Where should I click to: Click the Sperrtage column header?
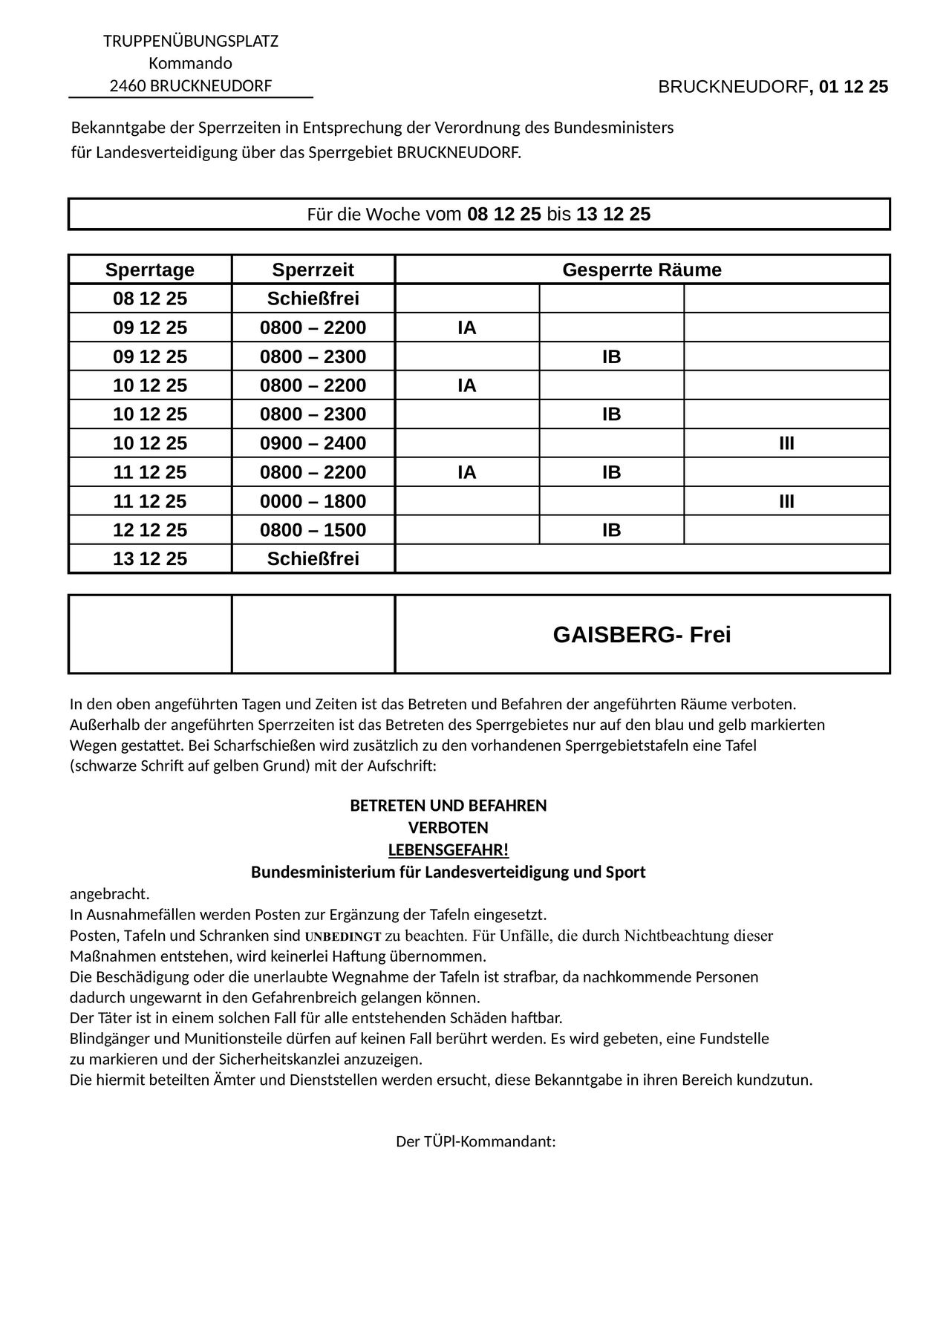point(150,270)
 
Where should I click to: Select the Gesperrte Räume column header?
point(642,270)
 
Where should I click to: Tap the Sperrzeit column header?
point(313,270)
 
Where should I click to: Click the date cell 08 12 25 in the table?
point(150,298)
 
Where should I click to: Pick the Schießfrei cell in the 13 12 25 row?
point(313,558)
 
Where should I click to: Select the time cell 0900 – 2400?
point(313,443)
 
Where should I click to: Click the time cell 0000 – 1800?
point(313,501)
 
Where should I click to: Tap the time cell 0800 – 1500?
point(313,530)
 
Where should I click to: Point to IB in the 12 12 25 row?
point(611,530)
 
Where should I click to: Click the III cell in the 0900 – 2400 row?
point(786,443)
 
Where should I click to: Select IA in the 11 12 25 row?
point(466,472)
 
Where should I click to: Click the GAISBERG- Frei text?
point(642,635)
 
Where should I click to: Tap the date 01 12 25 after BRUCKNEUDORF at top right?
point(853,87)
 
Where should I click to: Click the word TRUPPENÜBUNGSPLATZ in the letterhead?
point(191,41)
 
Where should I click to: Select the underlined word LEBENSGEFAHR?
point(448,849)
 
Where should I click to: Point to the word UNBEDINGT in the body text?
point(343,936)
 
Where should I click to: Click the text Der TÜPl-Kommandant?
point(475,1141)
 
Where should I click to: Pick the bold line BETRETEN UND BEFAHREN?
point(448,806)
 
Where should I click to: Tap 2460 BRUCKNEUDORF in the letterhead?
point(191,86)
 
